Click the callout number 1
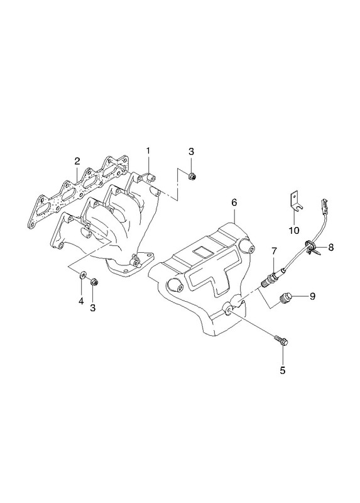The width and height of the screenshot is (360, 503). tap(148, 151)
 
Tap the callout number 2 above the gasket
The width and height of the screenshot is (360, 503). tap(77, 161)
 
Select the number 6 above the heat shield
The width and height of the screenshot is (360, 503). tap(234, 202)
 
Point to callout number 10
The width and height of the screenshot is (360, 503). tap(294, 230)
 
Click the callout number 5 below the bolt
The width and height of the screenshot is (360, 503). tap(283, 370)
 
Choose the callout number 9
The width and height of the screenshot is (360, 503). tap(312, 296)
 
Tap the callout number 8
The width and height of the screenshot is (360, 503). tap(331, 247)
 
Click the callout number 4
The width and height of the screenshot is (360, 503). tap(81, 301)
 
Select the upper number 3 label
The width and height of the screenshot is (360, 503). tap(191, 152)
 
